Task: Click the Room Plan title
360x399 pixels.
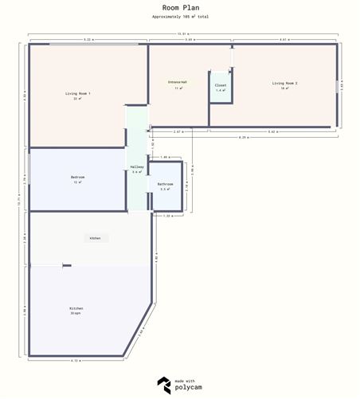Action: [180, 7]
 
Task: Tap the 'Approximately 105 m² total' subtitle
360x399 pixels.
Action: [180, 16]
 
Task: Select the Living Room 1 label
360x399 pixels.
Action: [78, 94]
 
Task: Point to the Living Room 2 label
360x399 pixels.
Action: [284, 83]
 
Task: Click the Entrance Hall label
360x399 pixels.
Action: [178, 82]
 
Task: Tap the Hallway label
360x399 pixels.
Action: [137, 166]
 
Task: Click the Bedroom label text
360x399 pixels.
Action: [77, 177]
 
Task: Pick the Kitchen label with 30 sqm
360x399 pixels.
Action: [76, 308]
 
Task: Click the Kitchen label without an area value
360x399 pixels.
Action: [94, 238]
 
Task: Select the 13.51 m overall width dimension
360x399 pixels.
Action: [183, 33]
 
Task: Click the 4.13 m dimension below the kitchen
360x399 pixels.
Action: [76, 362]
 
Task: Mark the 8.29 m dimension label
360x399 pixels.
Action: [242, 138]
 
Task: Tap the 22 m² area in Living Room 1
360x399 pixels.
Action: [78, 99]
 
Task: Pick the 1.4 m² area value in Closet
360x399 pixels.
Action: [221, 90]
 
